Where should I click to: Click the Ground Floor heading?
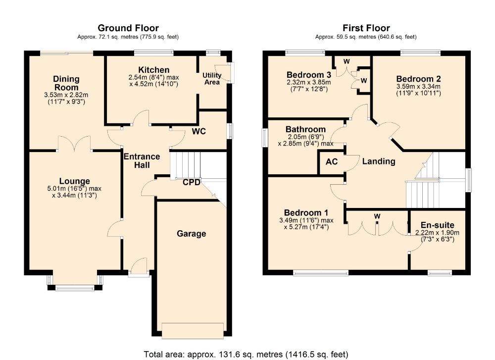[128, 28]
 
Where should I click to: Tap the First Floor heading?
[366, 28]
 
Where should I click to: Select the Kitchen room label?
[154, 70]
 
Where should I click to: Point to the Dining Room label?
[66, 83]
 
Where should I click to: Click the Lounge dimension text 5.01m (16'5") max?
[74, 189]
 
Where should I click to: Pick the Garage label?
[191, 234]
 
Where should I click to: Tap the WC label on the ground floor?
[199, 131]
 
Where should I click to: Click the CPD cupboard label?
[191, 183]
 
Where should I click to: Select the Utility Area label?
[212, 79]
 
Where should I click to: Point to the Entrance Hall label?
[142, 161]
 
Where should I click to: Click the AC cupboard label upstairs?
[332, 162]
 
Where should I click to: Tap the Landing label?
[379, 161]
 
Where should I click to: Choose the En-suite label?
[438, 225]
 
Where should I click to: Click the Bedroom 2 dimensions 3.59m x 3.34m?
[419, 87]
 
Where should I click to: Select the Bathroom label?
[305, 129]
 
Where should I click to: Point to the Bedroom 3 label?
[309, 75]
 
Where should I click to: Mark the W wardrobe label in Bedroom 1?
[377, 216]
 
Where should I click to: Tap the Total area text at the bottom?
[246, 355]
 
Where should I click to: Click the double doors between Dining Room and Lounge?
[75, 145]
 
